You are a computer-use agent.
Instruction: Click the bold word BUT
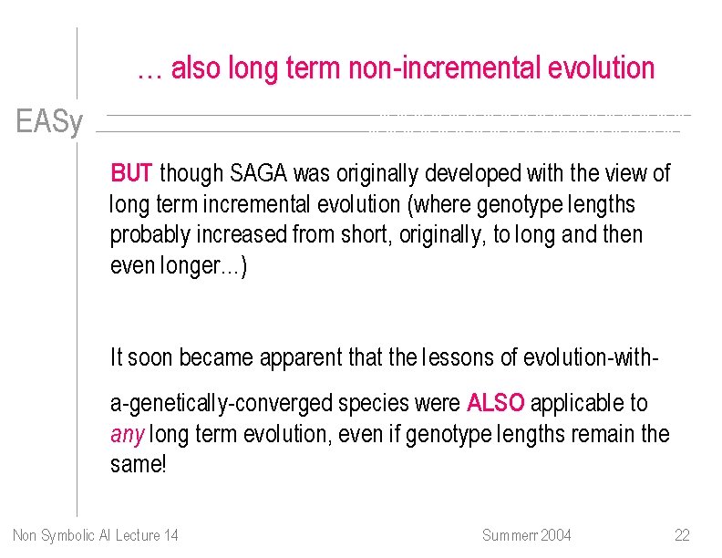(132, 173)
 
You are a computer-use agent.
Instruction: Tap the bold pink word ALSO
(495, 403)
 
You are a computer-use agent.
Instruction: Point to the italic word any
(127, 434)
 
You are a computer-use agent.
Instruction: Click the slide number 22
(682, 534)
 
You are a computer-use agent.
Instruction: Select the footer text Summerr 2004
(526, 534)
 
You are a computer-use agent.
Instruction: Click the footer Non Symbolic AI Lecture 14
(96, 534)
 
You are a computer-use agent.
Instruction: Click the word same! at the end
(139, 465)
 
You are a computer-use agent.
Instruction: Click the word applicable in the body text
(589, 403)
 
